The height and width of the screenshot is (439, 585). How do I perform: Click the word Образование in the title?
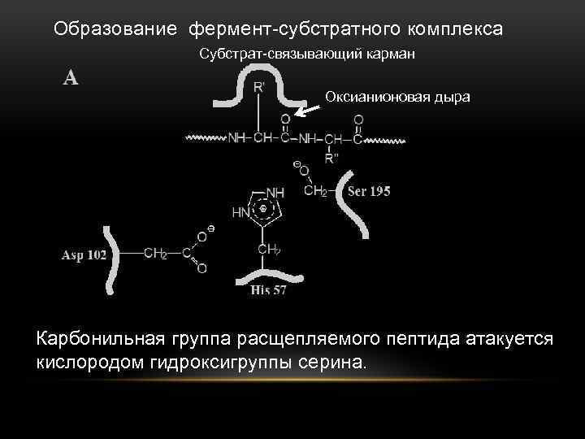pos(115,29)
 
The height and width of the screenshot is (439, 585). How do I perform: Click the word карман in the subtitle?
pos(392,54)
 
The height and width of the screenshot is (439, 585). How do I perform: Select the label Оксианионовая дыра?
pos(397,97)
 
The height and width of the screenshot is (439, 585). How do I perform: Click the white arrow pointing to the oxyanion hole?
pos(305,111)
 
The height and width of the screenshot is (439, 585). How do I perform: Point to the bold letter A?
pos(71,77)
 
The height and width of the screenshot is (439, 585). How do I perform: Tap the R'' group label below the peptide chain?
pos(331,159)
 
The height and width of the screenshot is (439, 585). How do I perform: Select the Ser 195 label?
pos(369,192)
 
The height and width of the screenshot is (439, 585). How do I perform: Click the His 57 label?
pos(268,290)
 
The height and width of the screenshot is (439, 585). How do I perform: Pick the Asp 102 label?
pos(84,254)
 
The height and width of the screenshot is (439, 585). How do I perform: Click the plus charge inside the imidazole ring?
pos(263,209)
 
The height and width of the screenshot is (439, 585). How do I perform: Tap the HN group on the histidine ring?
pos(241,212)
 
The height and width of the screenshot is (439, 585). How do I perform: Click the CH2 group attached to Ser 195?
pos(315,192)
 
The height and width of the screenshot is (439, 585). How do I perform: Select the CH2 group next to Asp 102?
pos(155,253)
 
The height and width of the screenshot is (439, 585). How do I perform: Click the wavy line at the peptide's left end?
pos(205,138)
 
